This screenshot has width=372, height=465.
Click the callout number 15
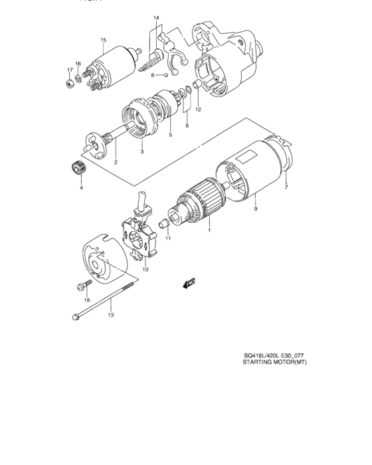[103, 41]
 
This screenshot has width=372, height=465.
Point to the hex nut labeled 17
[70, 84]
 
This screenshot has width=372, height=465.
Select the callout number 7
[286, 188]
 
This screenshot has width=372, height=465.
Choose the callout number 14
[157, 17]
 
